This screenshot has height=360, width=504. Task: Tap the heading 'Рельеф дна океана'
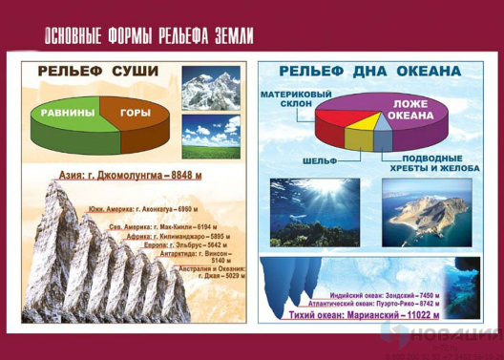click(370, 71)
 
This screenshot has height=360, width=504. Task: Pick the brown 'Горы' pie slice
click(136, 113)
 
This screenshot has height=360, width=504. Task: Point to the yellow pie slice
click(366, 123)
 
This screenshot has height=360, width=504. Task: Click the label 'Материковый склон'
click(290, 100)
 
